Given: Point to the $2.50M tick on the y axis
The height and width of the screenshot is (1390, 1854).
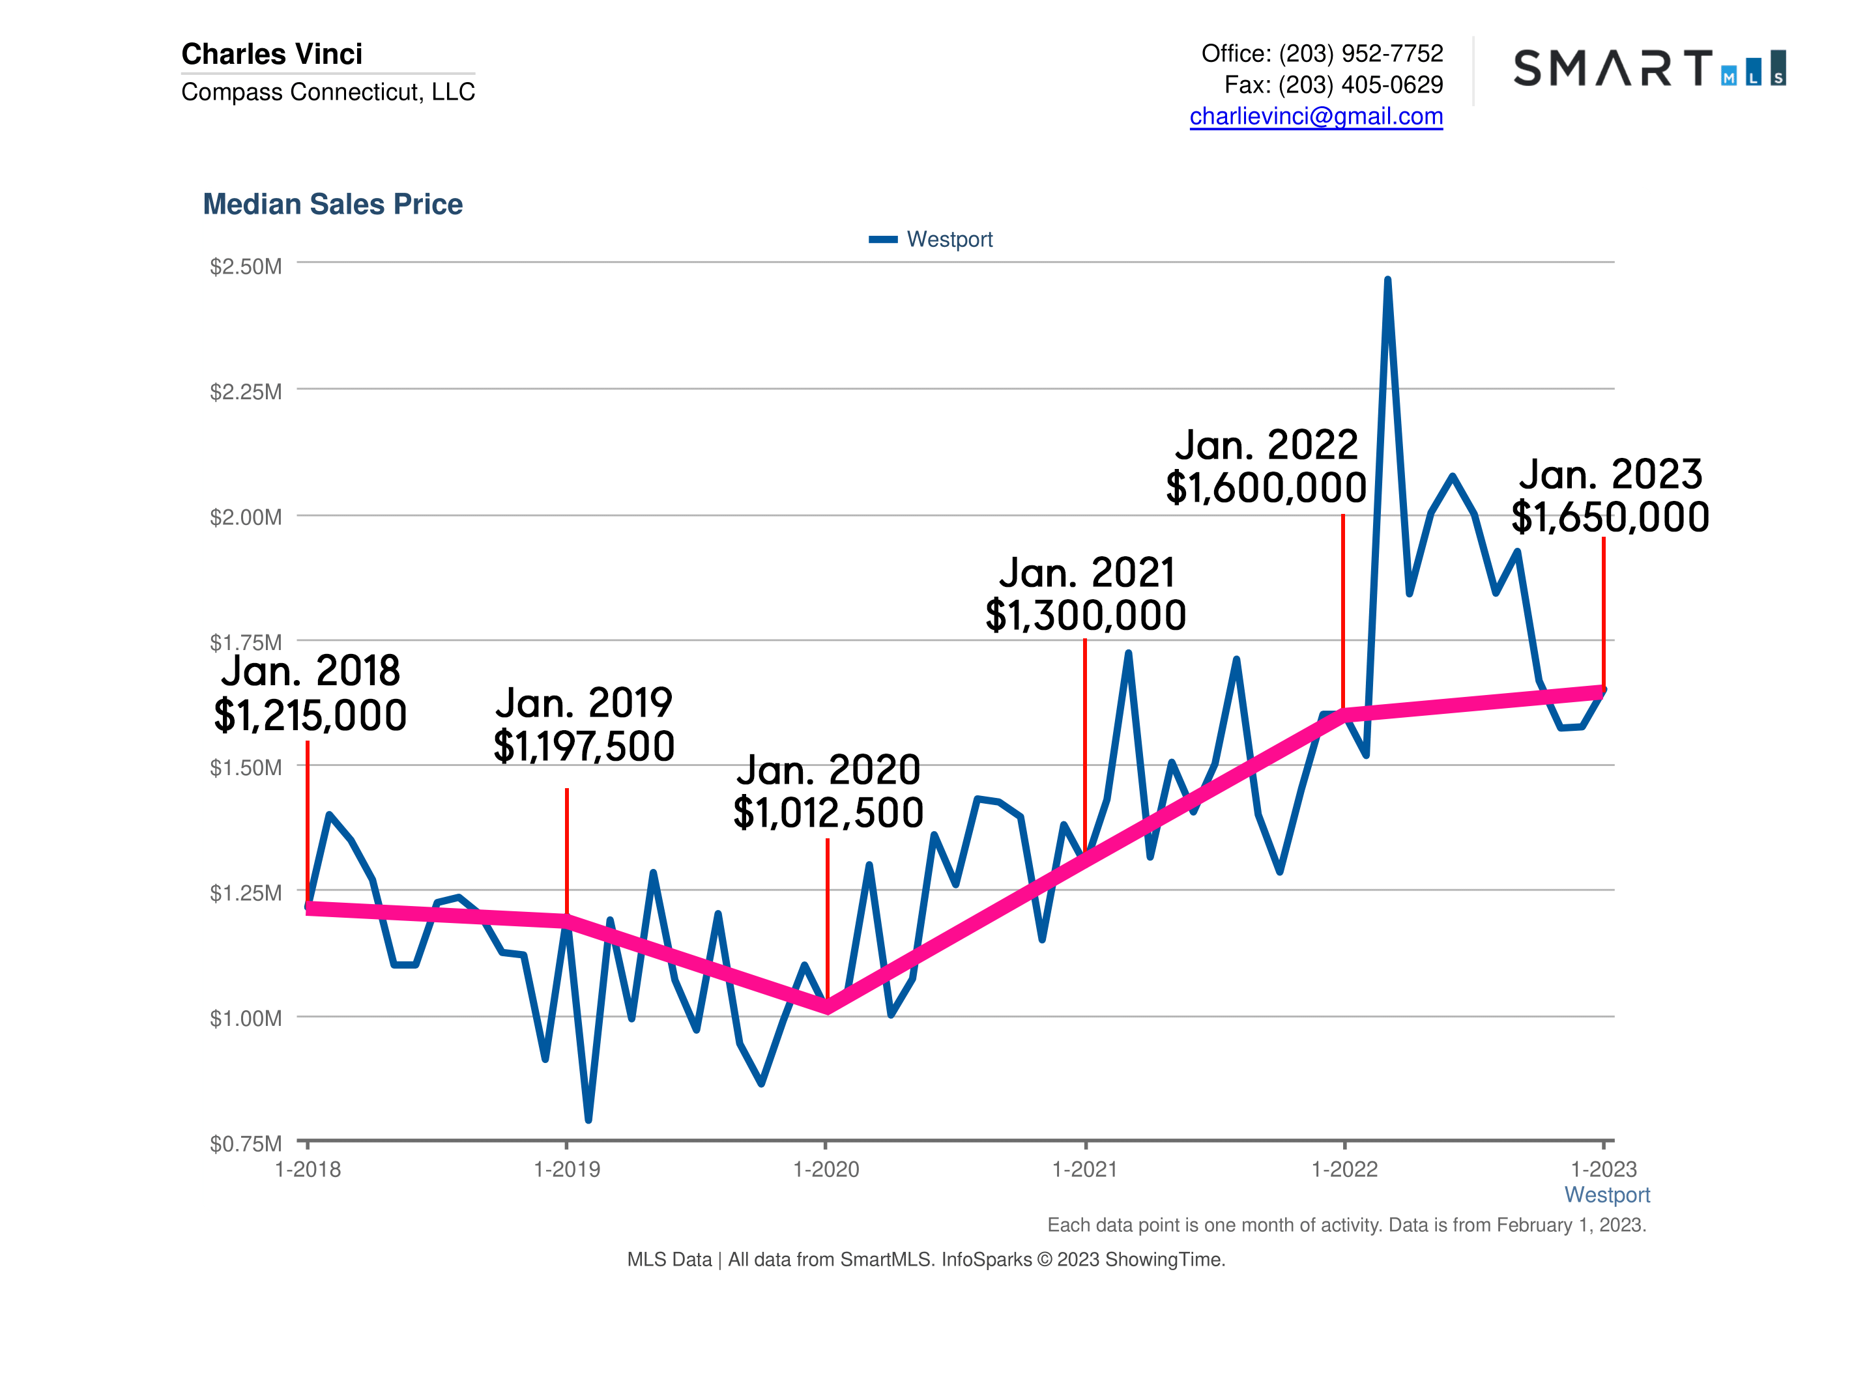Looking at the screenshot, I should click(x=246, y=266).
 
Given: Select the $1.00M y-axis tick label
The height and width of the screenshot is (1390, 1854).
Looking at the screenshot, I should click(x=246, y=1018).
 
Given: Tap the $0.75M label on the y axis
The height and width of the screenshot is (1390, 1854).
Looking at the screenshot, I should click(x=246, y=1144).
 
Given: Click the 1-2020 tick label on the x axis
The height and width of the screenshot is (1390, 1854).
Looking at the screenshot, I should click(x=826, y=1170).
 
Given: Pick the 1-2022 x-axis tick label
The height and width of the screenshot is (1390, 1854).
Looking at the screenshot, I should click(x=1344, y=1170).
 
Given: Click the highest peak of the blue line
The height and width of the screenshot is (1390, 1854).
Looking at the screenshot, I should click(x=1387, y=281).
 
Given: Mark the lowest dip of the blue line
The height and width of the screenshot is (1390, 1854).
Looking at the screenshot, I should click(x=588, y=1118).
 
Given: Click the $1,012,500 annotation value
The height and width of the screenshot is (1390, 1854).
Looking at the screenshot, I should click(x=828, y=813).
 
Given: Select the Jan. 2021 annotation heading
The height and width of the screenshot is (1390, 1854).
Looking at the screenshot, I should click(x=1086, y=573).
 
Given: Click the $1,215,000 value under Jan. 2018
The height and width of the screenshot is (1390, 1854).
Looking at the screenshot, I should click(x=310, y=716).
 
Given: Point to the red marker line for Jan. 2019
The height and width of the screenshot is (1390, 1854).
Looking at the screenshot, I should click(x=566, y=851).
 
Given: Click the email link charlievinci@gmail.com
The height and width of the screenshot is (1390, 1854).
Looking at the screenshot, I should click(x=1315, y=117).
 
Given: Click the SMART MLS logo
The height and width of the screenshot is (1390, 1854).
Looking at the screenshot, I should click(x=1649, y=68).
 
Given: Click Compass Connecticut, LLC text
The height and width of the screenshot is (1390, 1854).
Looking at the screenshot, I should click(x=328, y=91).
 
